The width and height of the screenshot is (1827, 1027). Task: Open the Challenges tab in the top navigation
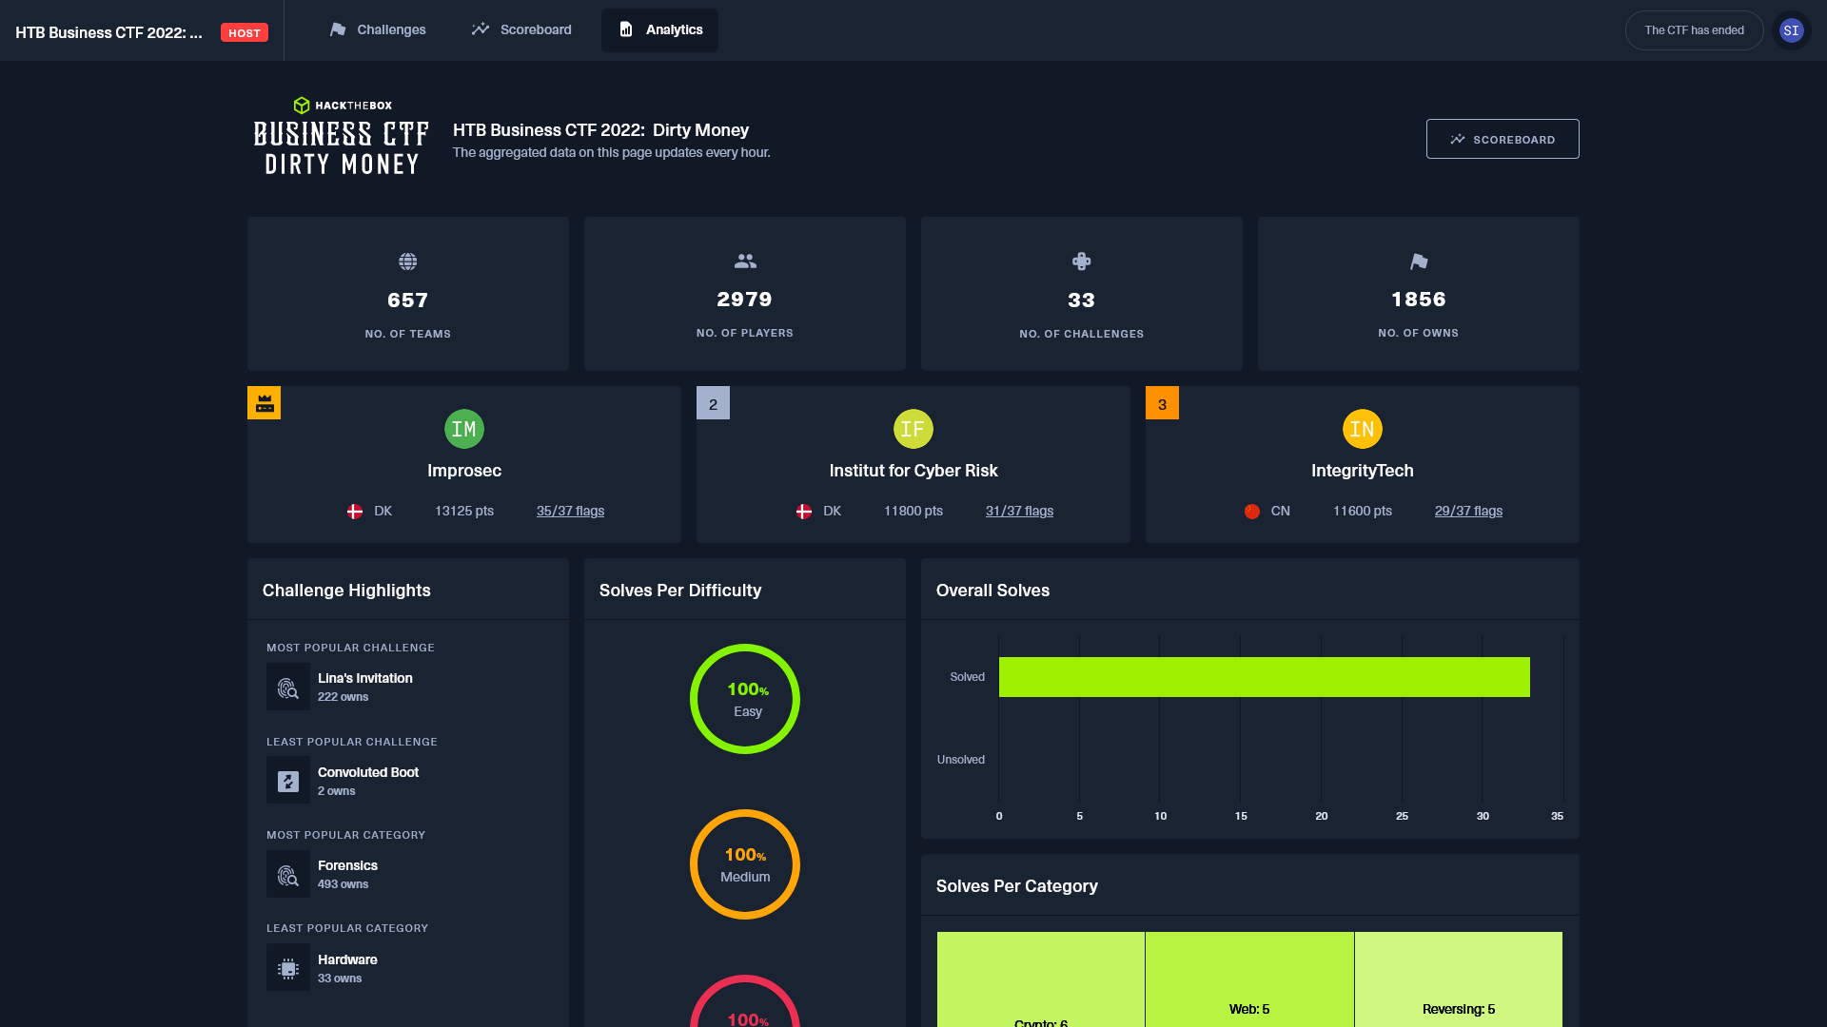point(378,30)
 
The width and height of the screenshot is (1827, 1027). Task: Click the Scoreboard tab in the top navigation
point(521,30)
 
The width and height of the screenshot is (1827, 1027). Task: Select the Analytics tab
point(659,30)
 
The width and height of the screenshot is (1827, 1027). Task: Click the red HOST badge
point(245,33)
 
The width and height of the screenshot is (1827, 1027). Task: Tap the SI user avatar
point(1791,30)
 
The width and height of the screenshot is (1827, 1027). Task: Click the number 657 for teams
point(407,300)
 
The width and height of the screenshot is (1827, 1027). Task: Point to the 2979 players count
point(744,300)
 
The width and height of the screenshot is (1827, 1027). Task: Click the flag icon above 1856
point(1418,262)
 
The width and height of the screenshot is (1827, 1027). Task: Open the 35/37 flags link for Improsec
point(570,512)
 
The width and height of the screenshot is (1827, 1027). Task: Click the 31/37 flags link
point(1019,512)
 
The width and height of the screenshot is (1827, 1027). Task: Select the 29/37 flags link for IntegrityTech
point(1468,512)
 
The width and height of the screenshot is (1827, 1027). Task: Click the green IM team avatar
point(464,430)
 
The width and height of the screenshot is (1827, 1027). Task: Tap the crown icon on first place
point(265,403)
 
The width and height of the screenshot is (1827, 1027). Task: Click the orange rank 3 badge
point(1162,403)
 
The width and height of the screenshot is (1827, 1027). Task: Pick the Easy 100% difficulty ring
point(745,699)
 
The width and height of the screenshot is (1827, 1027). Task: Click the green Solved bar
point(1264,677)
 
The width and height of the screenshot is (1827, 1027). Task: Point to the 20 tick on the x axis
point(1321,816)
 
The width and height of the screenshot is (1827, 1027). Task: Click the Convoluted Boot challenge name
point(368,772)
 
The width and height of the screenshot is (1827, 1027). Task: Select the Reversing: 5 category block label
point(1459,1009)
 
